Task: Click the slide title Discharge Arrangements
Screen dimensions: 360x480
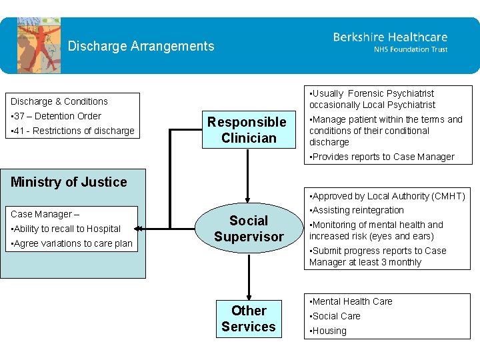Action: point(141,46)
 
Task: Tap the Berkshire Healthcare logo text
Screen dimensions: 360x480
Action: point(390,37)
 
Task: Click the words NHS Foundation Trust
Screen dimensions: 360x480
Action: point(410,49)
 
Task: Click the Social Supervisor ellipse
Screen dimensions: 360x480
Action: point(249,229)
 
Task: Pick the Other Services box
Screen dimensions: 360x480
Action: point(249,319)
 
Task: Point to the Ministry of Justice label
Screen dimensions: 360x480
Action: point(69,182)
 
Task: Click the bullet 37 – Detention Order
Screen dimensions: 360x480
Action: point(56,116)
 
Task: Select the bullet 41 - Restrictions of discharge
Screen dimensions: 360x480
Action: point(73,131)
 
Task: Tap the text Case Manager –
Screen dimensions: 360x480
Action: point(45,214)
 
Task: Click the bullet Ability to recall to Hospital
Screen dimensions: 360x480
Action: point(65,229)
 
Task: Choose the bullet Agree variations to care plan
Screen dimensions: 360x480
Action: point(71,243)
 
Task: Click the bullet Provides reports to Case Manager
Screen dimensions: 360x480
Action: point(381,157)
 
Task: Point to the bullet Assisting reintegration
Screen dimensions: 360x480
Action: point(357,210)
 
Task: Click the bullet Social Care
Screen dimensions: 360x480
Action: point(336,316)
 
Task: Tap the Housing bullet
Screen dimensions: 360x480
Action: point(329,331)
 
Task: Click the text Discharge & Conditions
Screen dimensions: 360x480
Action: point(59,101)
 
